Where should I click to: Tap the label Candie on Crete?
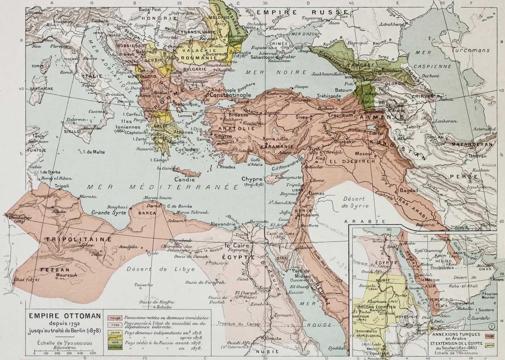[182, 179]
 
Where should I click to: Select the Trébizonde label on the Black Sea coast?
[328, 96]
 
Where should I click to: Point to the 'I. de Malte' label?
[94, 152]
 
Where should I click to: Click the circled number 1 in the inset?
[493, 326]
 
